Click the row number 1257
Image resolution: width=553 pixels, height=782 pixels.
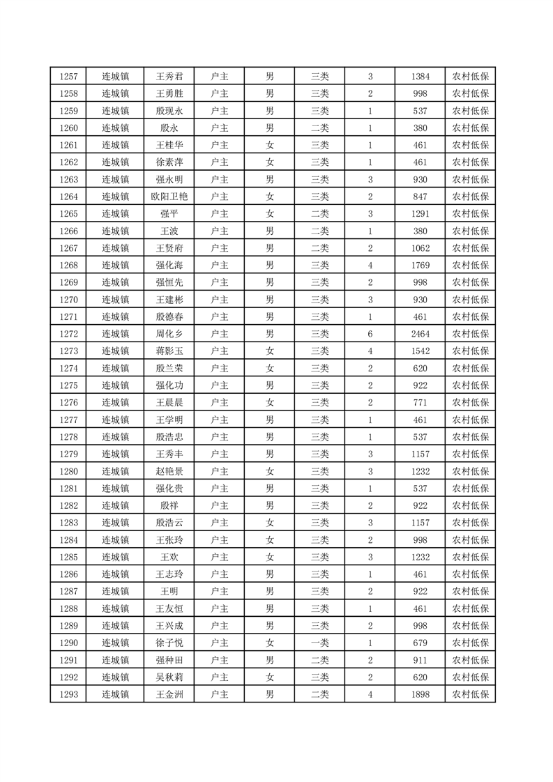(x=68, y=77)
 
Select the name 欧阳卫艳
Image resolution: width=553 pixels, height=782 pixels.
(x=169, y=197)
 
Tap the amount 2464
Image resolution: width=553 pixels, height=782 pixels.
(x=420, y=334)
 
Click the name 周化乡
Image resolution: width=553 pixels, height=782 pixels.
(x=169, y=334)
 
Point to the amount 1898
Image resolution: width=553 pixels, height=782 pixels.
(x=420, y=694)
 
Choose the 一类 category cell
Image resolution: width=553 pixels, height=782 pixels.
(x=319, y=643)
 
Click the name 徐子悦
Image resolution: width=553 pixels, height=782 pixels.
(x=169, y=643)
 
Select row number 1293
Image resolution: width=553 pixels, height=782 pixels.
(x=68, y=694)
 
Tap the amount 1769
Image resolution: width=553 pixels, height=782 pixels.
(x=420, y=266)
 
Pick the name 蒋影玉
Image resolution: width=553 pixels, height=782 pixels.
(x=169, y=351)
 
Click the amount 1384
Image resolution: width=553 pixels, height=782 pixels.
(x=420, y=77)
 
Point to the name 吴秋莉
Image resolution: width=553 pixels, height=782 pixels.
(x=169, y=677)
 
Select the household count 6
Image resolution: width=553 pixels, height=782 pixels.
(x=370, y=334)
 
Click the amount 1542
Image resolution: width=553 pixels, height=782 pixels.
(x=420, y=351)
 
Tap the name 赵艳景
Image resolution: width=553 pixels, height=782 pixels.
(x=169, y=471)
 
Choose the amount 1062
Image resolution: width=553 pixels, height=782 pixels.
(x=420, y=248)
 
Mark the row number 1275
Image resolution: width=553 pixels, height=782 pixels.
(x=68, y=385)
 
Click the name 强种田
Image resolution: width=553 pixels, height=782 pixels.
(x=169, y=660)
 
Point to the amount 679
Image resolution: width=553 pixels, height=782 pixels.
(x=420, y=643)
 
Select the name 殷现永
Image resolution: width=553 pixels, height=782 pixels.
(x=169, y=111)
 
